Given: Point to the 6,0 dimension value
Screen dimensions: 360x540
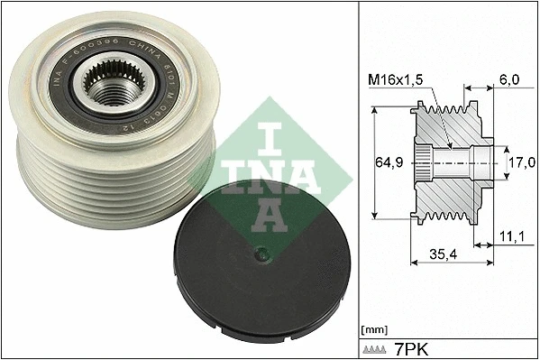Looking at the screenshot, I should pos(509,80).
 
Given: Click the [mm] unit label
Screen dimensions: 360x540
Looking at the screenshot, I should pos(373,330).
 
